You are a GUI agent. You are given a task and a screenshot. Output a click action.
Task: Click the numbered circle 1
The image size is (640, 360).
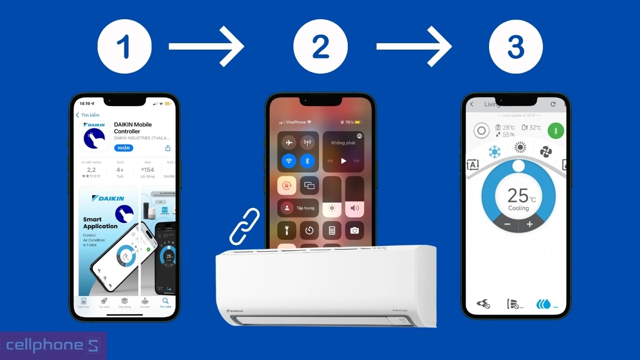(x=125, y=46)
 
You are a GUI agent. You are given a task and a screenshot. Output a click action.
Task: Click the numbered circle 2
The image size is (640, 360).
(x=321, y=46)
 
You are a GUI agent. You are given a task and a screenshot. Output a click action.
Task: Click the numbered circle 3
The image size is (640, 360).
(x=516, y=46)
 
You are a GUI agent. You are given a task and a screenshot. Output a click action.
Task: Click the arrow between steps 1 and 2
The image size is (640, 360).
(x=207, y=47)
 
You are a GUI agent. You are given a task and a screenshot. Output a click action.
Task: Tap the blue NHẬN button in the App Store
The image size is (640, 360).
(x=124, y=148)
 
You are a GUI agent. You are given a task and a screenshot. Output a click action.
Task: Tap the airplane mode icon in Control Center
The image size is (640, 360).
(x=289, y=142)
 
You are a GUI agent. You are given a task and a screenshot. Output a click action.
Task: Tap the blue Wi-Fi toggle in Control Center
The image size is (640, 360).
(x=289, y=160)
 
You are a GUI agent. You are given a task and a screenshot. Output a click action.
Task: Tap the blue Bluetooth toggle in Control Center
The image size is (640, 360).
(x=307, y=160)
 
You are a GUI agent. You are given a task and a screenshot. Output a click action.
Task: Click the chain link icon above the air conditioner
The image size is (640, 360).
(x=244, y=226)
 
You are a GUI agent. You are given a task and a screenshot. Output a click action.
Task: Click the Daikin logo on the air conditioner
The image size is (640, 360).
(x=235, y=310)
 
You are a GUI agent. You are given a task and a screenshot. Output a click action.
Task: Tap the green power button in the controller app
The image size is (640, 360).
(x=556, y=130)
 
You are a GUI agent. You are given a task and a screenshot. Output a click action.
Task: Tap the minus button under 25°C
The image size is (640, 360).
(x=507, y=225)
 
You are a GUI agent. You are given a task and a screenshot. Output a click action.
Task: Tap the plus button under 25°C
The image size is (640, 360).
(x=530, y=225)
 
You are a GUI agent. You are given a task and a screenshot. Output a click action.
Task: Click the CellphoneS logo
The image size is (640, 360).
(x=52, y=345)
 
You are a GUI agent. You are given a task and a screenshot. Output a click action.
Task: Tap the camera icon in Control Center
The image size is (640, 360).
(x=354, y=230)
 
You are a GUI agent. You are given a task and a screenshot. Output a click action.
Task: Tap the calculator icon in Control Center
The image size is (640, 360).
(x=332, y=230)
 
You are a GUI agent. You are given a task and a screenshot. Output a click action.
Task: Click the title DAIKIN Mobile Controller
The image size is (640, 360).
(x=133, y=128)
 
